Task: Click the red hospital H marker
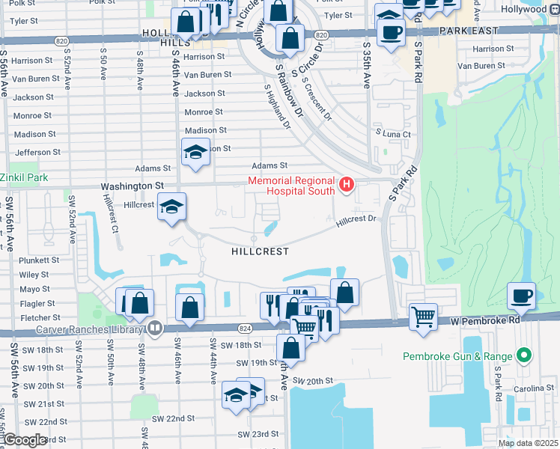pyautogui.click(x=346, y=184)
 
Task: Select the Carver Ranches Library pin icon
pyautogui.click(x=155, y=326)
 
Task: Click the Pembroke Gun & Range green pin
pyautogui.click(x=524, y=355)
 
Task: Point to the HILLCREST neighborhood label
pyautogui.click(x=261, y=251)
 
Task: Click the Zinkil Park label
pyautogui.click(x=24, y=177)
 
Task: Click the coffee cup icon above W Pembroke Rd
pyautogui.click(x=521, y=295)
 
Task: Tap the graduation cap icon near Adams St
pyautogui.click(x=195, y=152)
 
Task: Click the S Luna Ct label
pyautogui.click(x=396, y=134)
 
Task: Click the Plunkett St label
pyautogui.click(x=40, y=260)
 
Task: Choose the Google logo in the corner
pyautogui.click(x=25, y=441)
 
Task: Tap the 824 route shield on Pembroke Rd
pyautogui.click(x=245, y=327)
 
